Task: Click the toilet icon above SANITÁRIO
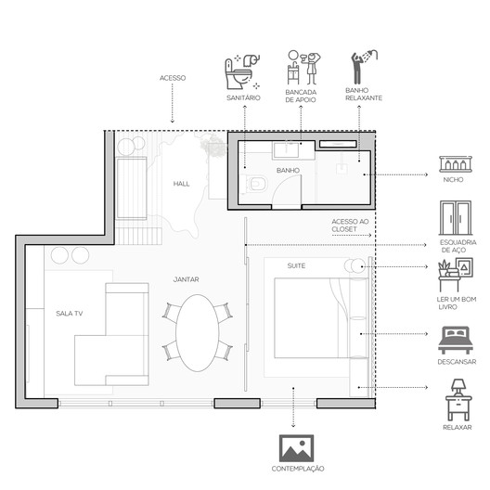242,71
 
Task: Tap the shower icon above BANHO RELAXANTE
364,67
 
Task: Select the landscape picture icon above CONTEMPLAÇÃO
296,448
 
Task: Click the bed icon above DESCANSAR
456,340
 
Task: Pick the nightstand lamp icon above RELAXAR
458,400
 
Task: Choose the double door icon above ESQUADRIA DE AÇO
456,218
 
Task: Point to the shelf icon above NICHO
456,164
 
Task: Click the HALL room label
181,184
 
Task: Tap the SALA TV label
70,314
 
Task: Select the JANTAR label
186,279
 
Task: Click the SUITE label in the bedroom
296,266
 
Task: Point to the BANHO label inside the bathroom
288,171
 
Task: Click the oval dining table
197,333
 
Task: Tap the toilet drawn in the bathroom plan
255,184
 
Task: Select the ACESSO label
173,78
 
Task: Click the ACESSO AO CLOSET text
350,226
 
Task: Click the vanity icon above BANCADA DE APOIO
303,67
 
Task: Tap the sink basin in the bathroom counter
286,149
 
